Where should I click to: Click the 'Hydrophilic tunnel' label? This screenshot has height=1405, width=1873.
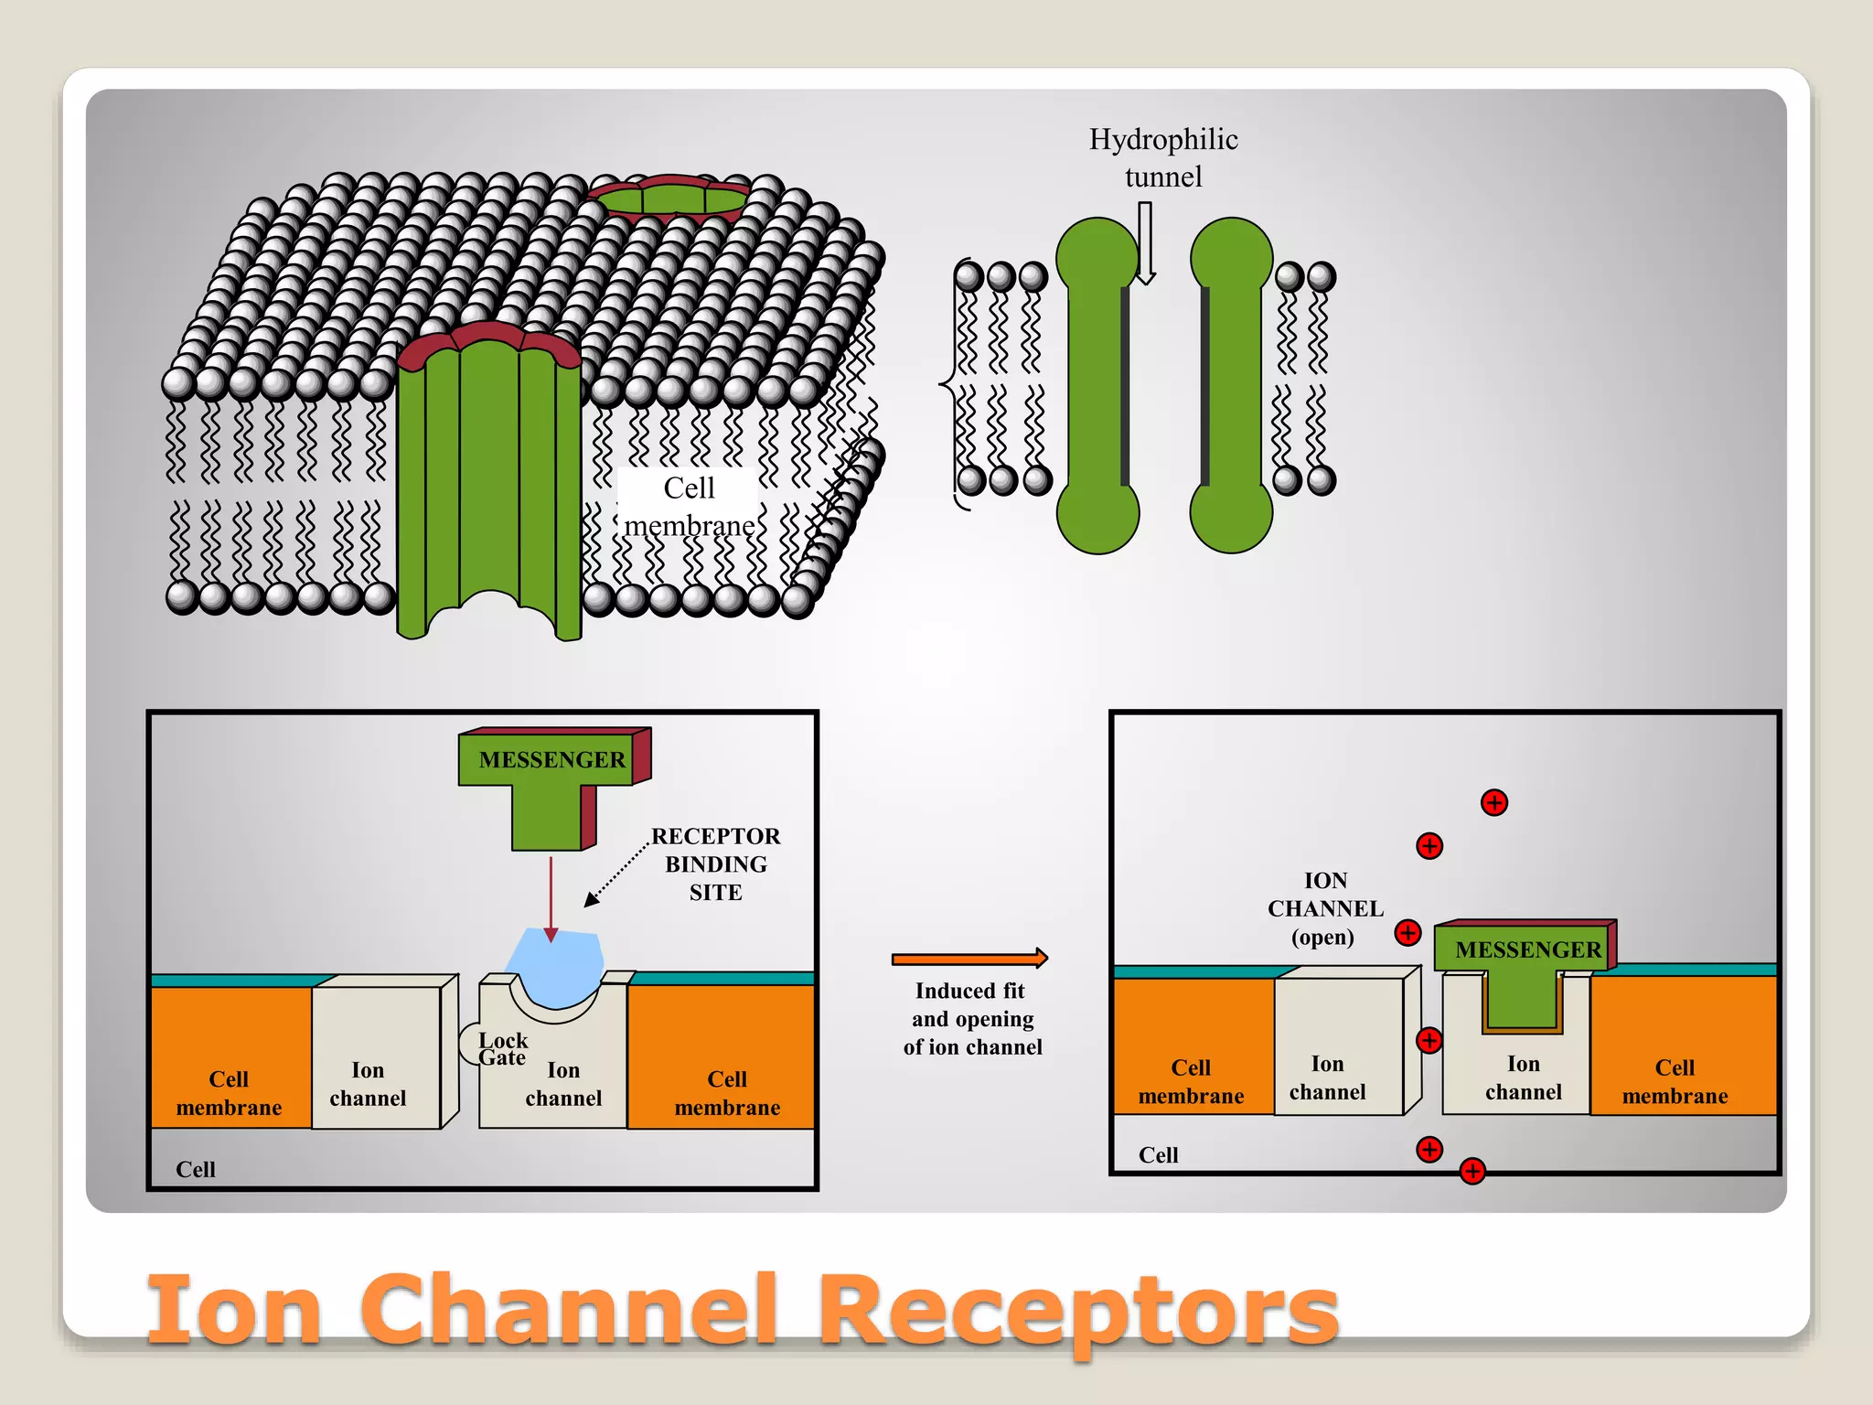[1163, 157]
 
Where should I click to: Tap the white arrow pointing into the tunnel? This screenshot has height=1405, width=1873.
[1145, 243]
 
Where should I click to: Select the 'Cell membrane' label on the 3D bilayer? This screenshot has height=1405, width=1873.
[689, 507]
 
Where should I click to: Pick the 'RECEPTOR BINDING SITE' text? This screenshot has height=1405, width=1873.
[715, 863]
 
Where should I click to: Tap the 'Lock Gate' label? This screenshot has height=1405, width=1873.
[502, 1049]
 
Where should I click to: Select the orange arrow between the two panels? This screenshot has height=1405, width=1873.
[969, 959]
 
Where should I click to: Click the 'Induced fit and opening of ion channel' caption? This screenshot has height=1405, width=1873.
[972, 1018]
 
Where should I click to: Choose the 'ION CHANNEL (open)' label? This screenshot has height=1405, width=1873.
[1325, 908]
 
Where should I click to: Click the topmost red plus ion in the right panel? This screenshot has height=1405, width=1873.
[1493, 803]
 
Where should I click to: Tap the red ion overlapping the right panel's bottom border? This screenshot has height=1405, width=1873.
[1472, 1171]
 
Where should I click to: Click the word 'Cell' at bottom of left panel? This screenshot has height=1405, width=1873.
[195, 1169]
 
